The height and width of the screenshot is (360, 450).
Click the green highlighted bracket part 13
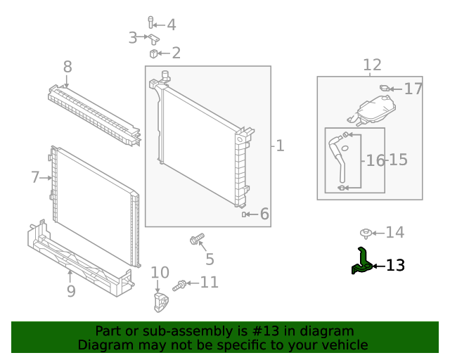pyautogui.click(x=362, y=262)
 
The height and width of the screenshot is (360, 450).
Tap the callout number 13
pyautogui.click(x=395, y=265)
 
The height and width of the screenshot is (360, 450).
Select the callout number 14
pyautogui.click(x=394, y=232)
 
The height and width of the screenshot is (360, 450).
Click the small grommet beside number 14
pyautogui.click(x=365, y=233)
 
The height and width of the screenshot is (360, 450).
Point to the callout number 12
pyautogui.click(x=372, y=65)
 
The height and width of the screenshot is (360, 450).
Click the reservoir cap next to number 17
pyautogui.click(x=385, y=89)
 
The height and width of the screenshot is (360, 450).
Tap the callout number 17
pyautogui.click(x=413, y=89)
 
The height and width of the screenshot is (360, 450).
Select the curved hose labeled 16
pyautogui.click(x=339, y=160)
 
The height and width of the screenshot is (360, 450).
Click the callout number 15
pyautogui.click(x=397, y=160)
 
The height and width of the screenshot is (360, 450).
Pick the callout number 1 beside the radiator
pyautogui.click(x=280, y=146)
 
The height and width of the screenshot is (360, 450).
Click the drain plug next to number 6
pyautogui.click(x=245, y=214)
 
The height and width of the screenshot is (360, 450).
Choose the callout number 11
pyautogui.click(x=209, y=283)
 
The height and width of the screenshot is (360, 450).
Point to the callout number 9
pyautogui.click(x=70, y=290)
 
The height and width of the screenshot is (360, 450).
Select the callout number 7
pyautogui.click(x=36, y=177)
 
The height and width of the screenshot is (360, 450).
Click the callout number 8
pyautogui.click(x=67, y=67)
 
